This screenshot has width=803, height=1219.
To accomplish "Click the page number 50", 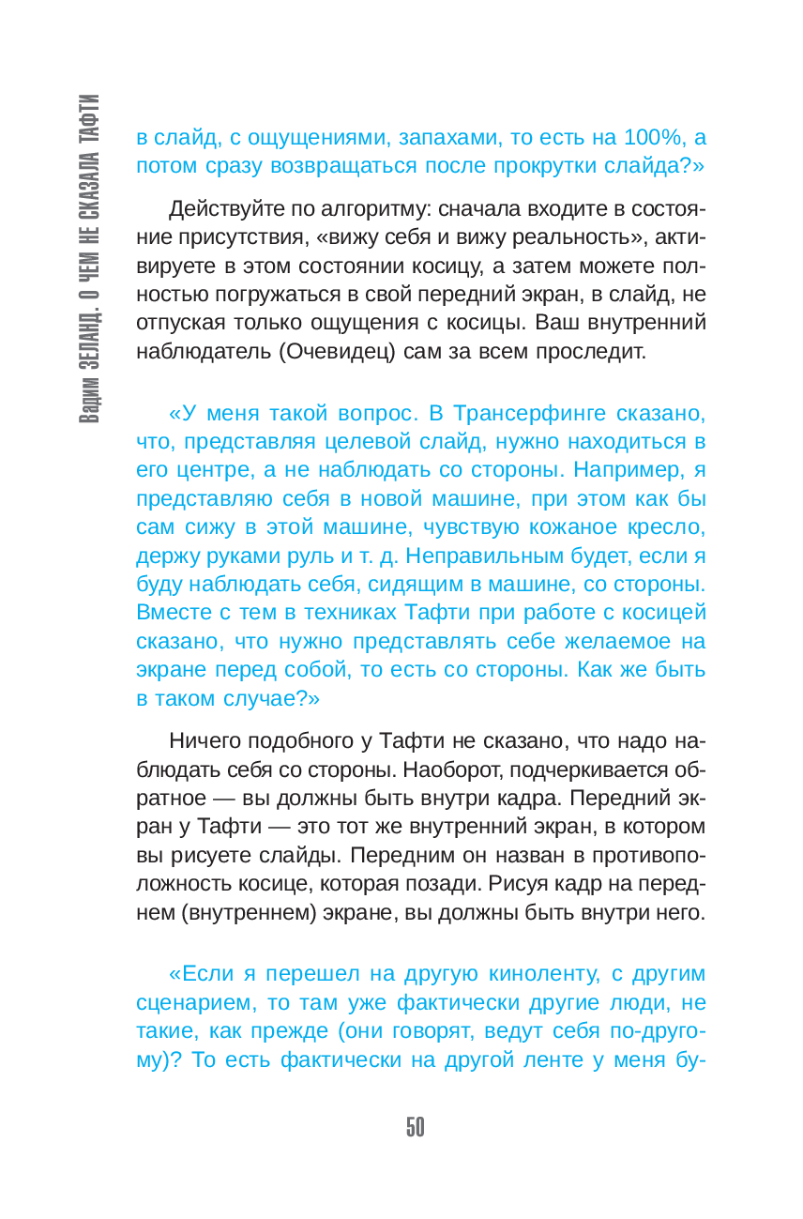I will click(x=416, y=1127).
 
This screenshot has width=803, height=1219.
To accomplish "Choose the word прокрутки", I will click(x=552, y=167).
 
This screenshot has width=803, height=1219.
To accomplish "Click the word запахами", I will click(x=441, y=138).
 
